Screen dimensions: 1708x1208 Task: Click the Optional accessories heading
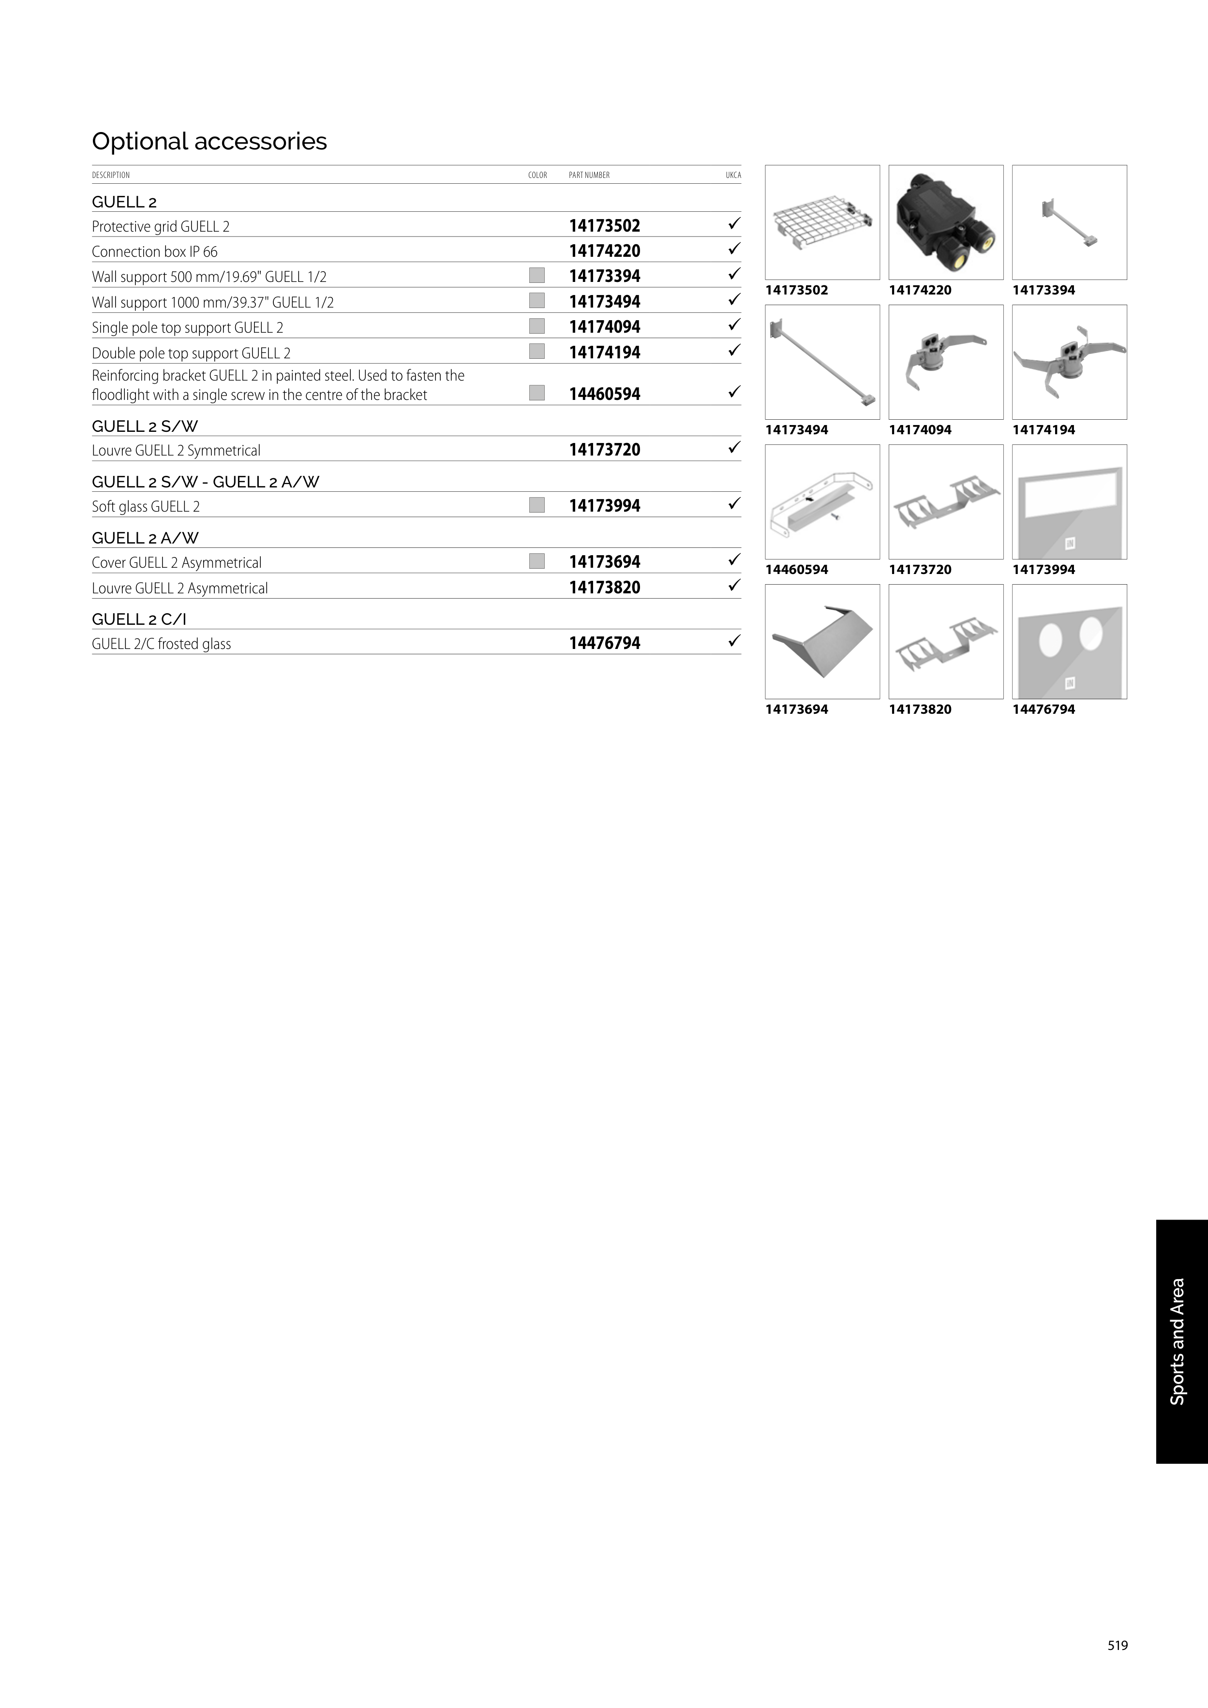click(209, 141)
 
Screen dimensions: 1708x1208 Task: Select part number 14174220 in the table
click(604, 250)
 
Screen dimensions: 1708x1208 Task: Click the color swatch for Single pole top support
click(537, 326)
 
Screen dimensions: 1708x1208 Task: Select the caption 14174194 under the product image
click(1044, 430)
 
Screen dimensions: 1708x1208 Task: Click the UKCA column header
click(733, 176)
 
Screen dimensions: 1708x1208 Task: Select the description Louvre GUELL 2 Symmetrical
click(176, 450)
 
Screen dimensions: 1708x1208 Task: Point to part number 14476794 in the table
click(604, 643)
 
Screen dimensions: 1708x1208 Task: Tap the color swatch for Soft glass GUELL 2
click(537, 505)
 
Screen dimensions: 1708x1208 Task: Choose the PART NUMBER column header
click(589, 176)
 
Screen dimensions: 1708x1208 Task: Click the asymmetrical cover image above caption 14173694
click(822, 641)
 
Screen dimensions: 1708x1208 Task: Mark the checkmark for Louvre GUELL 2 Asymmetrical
click(734, 586)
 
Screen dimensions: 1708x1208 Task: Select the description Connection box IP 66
click(155, 251)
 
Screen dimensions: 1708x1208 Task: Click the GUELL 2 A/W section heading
click(145, 538)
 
